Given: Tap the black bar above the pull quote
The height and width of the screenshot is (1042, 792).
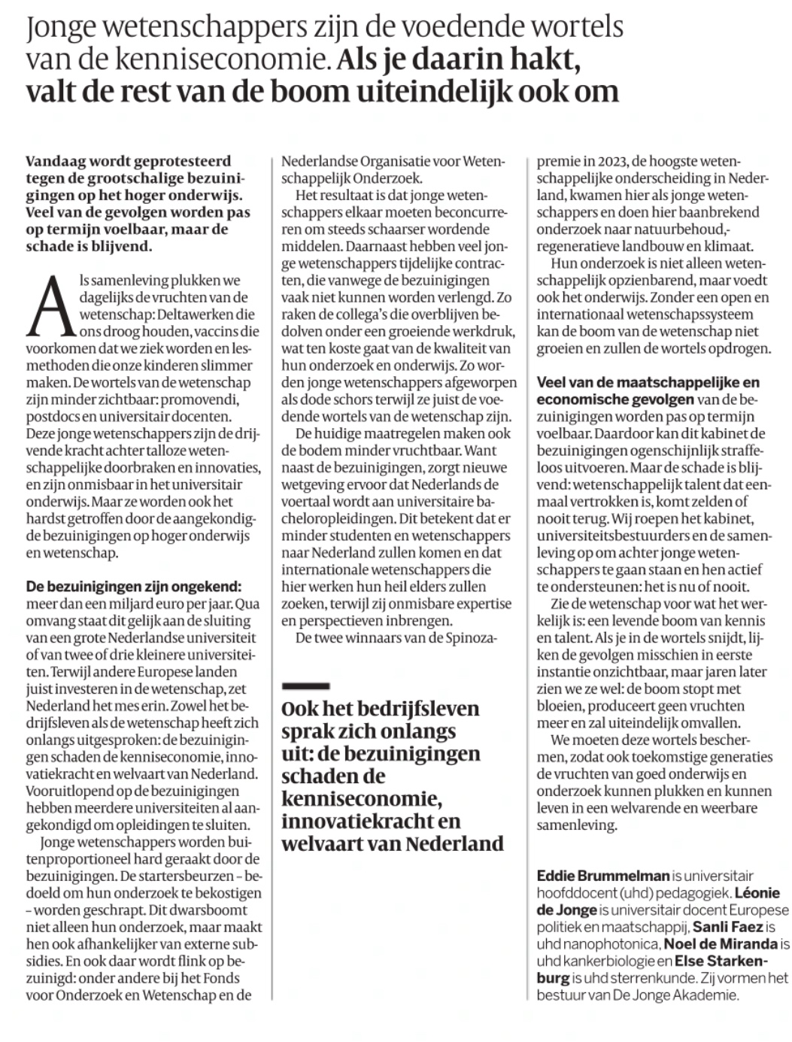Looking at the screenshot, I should tap(305, 685).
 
